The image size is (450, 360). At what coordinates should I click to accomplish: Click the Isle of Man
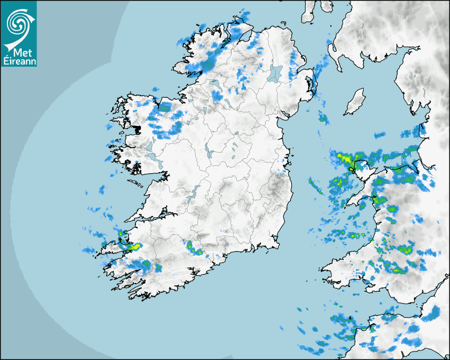(354, 102)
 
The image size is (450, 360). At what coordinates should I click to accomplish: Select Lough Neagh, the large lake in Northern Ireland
(276, 73)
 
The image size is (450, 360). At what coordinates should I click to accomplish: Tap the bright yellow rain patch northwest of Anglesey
(342, 157)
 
